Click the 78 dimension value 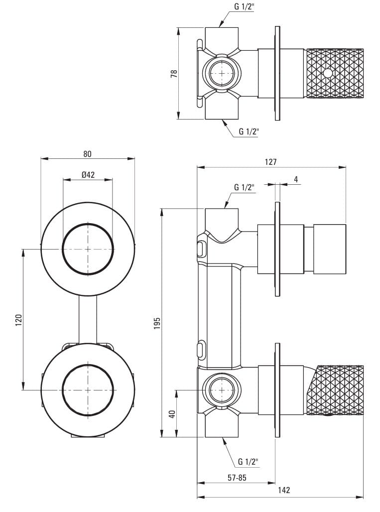[x=174, y=73]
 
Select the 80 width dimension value [x=88, y=154]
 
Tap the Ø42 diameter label [x=88, y=174]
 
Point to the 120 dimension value [x=18, y=319]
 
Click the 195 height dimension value [x=157, y=323]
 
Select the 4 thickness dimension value [x=296, y=179]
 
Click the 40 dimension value [x=172, y=413]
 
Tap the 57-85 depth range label [x=237, y=478]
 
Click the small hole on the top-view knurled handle [x=327, y=74]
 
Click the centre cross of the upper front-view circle [x=88, y=249]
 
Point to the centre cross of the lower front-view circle [x=88, y=389]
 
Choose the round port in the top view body [x=220, y=74]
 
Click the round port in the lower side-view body [x=220, y=389]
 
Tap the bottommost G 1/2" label [x=248, y=461]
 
